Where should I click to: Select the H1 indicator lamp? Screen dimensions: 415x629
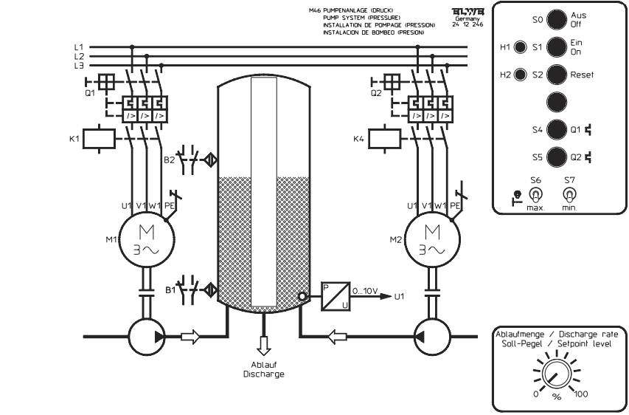tap(520, 48)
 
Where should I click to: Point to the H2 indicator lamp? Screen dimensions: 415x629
tap(520, 75)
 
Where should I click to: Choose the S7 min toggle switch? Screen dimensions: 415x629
tap(569, 194)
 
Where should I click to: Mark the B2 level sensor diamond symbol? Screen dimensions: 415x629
tap(211, 158)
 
